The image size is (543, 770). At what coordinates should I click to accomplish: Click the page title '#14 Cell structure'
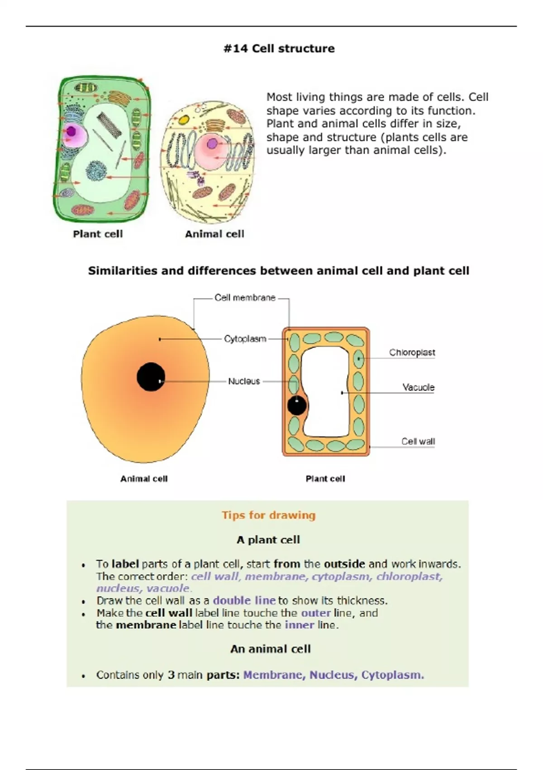[279, 48]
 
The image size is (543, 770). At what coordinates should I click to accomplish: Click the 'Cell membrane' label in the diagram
[245, 298]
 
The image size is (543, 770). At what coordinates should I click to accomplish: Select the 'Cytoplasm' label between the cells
[245, 339]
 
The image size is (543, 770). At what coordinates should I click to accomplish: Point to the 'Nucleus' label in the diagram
[244, 381]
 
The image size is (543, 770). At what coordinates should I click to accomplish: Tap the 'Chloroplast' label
[412, 352]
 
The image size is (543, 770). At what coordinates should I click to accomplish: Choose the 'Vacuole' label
[418, 387]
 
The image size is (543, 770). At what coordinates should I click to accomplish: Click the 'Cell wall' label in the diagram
[418, 441]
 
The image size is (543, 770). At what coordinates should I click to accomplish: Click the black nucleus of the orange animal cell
[151, 377]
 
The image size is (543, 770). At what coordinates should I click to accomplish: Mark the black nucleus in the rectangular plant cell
[297, 406]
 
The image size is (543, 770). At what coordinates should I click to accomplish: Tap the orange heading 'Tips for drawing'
[268, 515]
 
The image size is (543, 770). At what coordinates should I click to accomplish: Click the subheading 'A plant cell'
[268, 539]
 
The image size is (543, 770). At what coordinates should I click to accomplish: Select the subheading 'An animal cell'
[270, 649]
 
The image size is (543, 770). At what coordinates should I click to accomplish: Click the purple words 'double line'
[244, 601]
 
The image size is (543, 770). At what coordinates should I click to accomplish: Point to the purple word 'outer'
[316, 613]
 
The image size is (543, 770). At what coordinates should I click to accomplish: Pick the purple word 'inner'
[299, 625]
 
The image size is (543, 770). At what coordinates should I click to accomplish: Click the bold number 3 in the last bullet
[171, 675]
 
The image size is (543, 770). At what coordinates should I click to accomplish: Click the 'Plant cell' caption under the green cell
[98, 234]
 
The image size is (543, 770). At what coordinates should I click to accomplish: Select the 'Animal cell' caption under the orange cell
[144, 479]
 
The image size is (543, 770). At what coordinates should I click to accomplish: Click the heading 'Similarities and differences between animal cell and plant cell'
[278, 271]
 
